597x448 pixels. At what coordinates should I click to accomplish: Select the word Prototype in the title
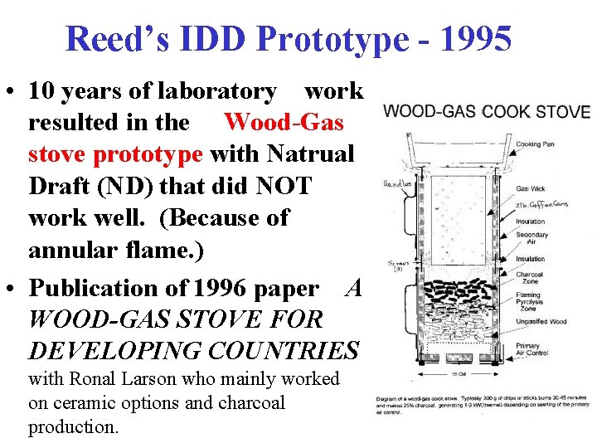[x=332, y=38]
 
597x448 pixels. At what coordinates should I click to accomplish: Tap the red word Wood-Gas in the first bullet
[x=284, y=122]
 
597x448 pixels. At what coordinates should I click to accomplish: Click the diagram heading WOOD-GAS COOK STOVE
[x=487, y=111]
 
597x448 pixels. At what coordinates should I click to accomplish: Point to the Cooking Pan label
[x=541, y=144]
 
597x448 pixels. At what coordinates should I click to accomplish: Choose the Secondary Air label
[x=531, y=238]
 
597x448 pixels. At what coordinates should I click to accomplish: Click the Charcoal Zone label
[x=531, y=279]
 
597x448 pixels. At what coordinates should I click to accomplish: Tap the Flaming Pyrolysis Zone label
[x=531, y=300]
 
